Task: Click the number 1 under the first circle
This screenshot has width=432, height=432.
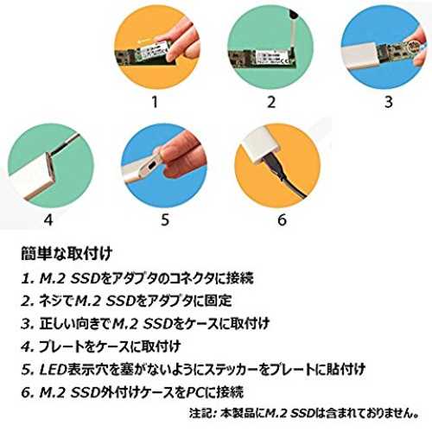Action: (x=155, y=102)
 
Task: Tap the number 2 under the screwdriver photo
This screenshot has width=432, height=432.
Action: (x=271, y=102)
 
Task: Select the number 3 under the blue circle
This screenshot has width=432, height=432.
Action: (x=389, y=102)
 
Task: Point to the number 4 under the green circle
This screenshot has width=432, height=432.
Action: (x=48, y=220)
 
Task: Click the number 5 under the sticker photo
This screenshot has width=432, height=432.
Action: (x=165, y=220)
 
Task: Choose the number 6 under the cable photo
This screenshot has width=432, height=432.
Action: (x=282, y=220)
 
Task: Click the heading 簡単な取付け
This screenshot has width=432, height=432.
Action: (x=67, y=254)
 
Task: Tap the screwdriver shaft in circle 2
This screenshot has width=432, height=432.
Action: (x=292, y=34)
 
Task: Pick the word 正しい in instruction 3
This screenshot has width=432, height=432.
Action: (x=56, y=324)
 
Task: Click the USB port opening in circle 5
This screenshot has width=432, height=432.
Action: (x=152, y=167)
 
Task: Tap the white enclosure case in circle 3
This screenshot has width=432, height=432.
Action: (x=359, y=55)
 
